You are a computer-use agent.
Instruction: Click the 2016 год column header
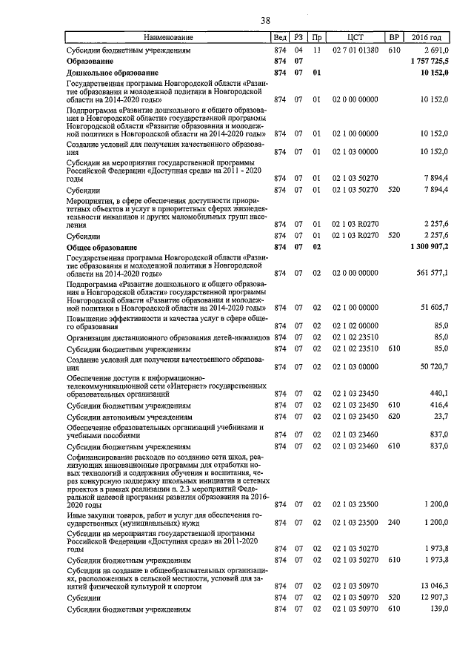tap(427, 37)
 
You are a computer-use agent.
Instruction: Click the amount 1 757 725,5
tap(428, 61)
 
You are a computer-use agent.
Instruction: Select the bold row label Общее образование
tap(103, 246)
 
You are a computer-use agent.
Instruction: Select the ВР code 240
tap(394, 523)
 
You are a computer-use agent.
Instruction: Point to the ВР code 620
tap(394, 417)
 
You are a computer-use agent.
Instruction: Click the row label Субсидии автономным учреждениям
tap(129, 417)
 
